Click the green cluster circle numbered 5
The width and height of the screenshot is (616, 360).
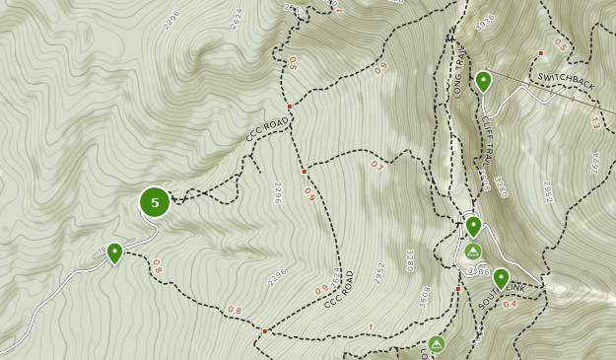pos(155,202)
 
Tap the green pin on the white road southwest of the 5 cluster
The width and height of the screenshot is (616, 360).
pos(114,253)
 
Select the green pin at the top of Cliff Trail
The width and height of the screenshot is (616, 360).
pos(483,81)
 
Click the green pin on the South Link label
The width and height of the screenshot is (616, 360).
pos(501,279)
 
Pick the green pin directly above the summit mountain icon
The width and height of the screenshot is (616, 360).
pos(473,227)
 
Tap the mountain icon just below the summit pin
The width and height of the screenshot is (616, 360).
pos(473,252)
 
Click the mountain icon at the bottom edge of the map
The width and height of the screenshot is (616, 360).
pos(437,343)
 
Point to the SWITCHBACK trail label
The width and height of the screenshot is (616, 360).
pos(567,81)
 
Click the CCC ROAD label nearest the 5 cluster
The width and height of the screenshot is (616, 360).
pos(269,129)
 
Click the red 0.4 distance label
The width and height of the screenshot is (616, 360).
pos(510,304)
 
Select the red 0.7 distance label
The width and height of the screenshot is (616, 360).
pos(376,166)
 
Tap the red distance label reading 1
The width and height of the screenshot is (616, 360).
pos(371,326)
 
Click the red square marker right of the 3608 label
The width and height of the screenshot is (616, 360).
pos(458,289)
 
